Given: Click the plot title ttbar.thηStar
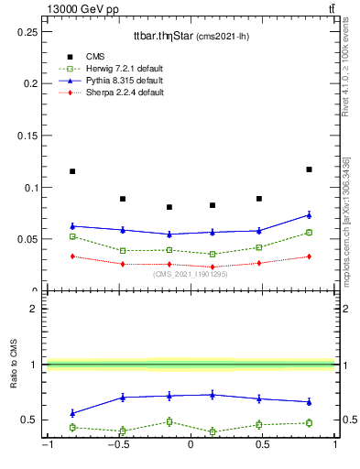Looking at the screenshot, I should click(191, 36).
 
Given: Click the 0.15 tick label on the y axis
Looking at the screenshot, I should click(29, 136).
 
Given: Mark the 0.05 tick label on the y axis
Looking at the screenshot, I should click(29, 239).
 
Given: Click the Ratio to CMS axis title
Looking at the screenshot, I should click(14, 365).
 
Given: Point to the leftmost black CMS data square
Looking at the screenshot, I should click(72, 171).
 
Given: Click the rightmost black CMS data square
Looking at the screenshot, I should click(309, 169).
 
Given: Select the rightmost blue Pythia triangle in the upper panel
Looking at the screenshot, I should click(309, 215).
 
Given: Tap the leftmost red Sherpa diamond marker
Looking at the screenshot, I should click(72, 256).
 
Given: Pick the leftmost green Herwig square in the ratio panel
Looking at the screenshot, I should click(72, 427).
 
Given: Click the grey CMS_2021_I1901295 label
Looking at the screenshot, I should click(190, 274).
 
